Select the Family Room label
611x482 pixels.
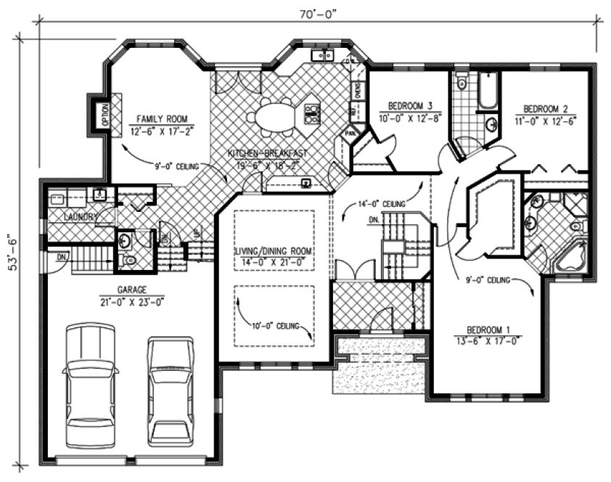[158, 118]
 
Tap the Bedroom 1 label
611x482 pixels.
[488, 328]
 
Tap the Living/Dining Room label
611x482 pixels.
[273, 251]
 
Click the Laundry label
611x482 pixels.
[81, 217]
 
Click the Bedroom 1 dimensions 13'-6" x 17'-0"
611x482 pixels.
[488, 339]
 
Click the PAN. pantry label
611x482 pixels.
[350, 134]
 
